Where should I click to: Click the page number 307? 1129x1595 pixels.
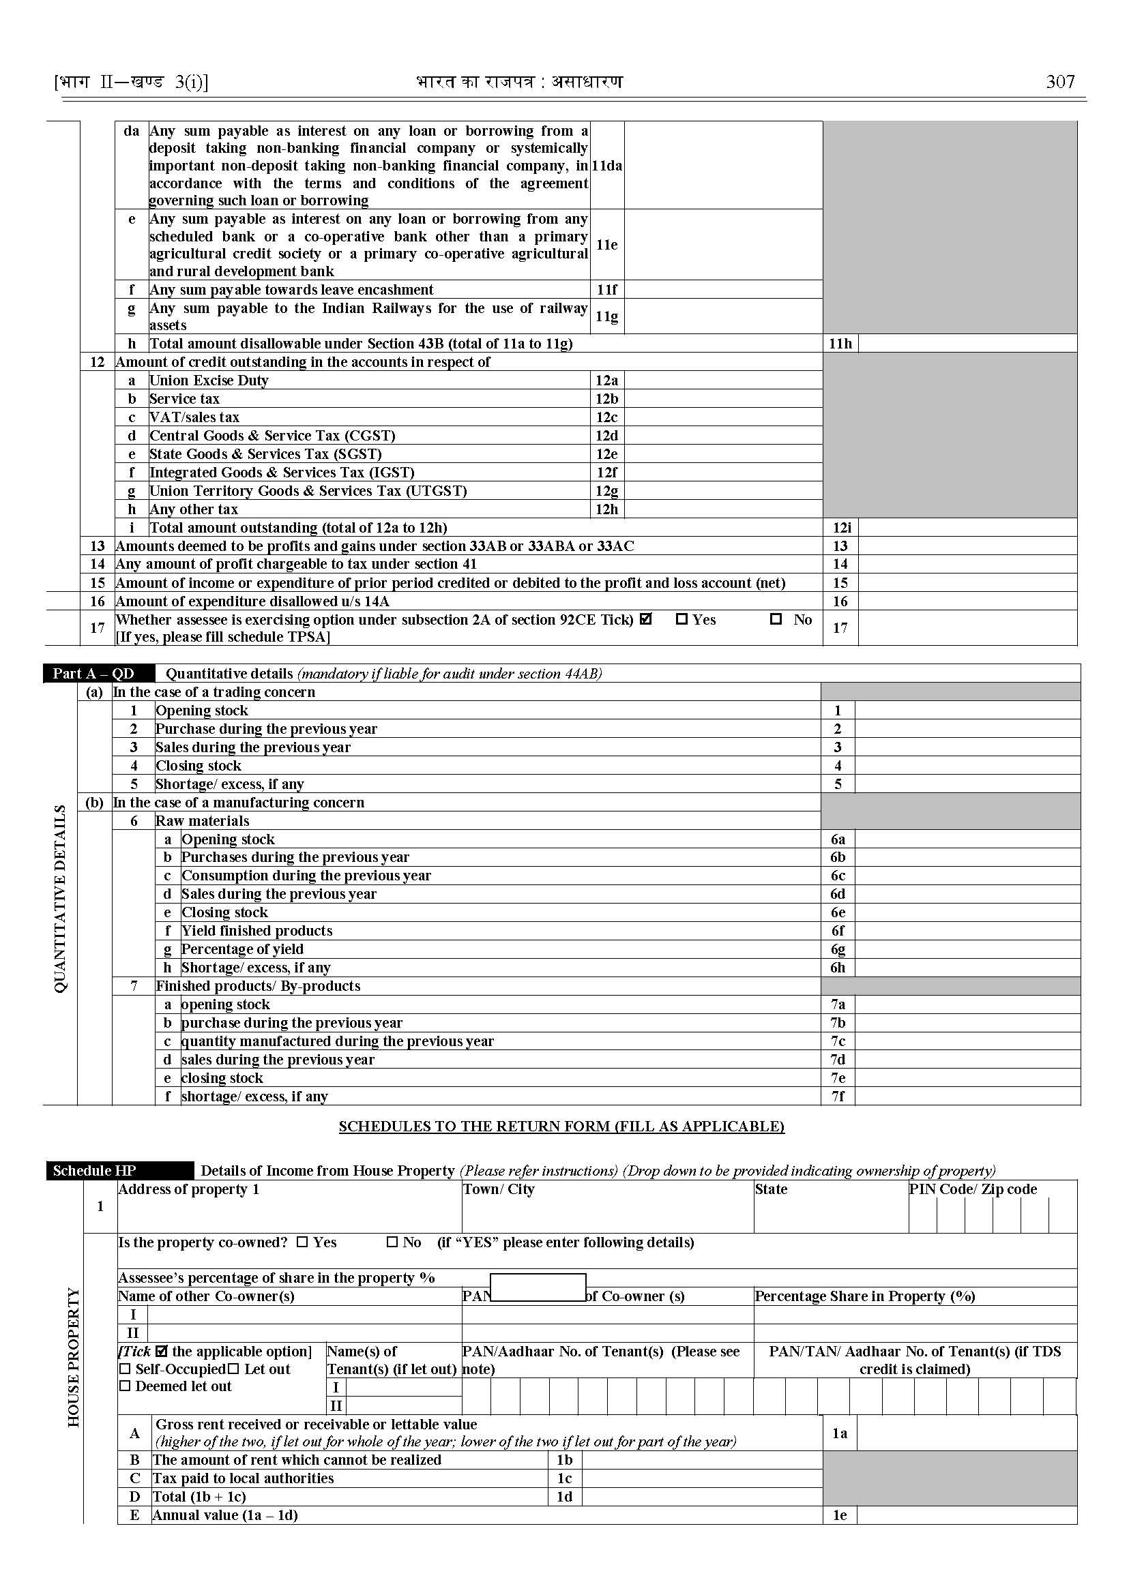pyautogui.click(x=1060, y=82)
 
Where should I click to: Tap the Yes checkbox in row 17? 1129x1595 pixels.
pyautogui.click(x=681, y=618)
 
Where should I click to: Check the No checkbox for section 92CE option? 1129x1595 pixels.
pyautogui.click(x=776, y=618)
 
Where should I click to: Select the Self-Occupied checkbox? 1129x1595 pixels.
pyautogui.click(x=125, y=1369)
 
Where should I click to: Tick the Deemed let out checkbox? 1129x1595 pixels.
pyautogui.click(x=125, y=1386)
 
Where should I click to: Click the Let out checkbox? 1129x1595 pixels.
pyautogui.click(x=233, y=1369)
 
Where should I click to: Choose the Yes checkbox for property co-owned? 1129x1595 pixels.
pyautogui.click(x=302, y=1242)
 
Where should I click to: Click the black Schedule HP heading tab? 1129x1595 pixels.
pyautogui.click(x=120, y=1170)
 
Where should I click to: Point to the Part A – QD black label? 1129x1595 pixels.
pyautogui.click(x=99, y=674)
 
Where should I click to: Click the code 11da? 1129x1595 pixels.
pyautogui.click(x=607, y=166)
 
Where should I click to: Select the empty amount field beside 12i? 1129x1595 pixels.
pyautogui.click(x=967, y=528)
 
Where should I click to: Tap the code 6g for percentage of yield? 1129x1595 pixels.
pyautogui.click(x=838, y=949)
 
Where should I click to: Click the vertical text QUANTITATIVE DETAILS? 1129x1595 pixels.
pyautogui.click(x=61, y=899)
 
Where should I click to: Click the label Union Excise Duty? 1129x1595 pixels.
pyautogui.click(x=209, y=380)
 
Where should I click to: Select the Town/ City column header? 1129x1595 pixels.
pyautogui.click(x=499, y=1189)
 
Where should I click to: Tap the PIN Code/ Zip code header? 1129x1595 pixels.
pyautogui.click(x=973, y=1189)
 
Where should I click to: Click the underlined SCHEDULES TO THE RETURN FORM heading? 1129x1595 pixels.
pyautogui.click(x=561, y=1126)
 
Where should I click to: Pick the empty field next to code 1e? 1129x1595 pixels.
pyautogui.click(x=967, y=1515)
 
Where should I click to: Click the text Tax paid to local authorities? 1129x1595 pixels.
pyautogui.click(x=244, y=1478)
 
